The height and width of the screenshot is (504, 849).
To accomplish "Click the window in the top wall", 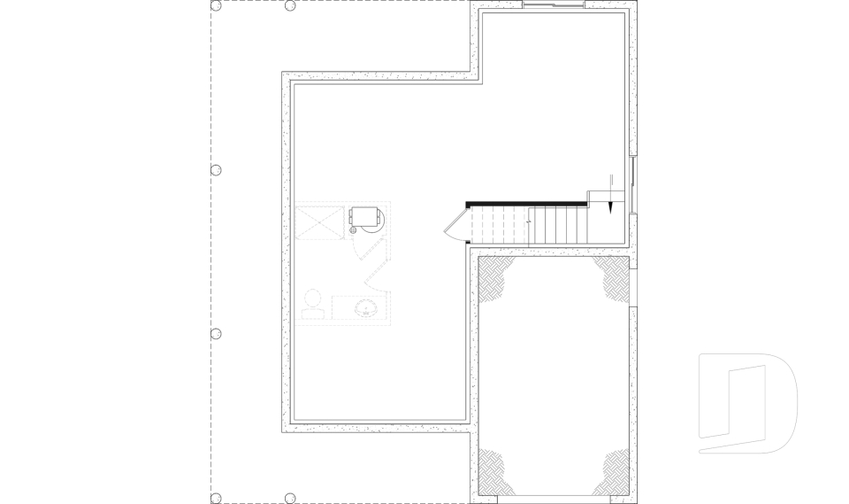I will pyautogui.click(x=553, y=6).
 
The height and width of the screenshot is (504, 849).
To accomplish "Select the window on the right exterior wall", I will pyautogui.click(x=634, y=184).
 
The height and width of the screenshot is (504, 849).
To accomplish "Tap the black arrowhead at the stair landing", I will pyautogui.click(x=611, y=205).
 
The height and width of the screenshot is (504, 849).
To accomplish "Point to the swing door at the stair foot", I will pyautogui.click(x=456, y=226).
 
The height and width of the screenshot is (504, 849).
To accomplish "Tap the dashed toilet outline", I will pyautogui.click(x=311, y=305).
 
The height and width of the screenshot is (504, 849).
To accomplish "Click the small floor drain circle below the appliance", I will pyautogui.click(x=352, y=230).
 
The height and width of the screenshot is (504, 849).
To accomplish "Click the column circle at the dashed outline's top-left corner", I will pyautogui.click(x=216, y=6).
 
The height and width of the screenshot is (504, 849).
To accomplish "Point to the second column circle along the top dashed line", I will pyautogui.click(x=290, y=6).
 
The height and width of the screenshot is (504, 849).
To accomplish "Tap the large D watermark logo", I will pyautogui.click(x=747, y=403).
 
